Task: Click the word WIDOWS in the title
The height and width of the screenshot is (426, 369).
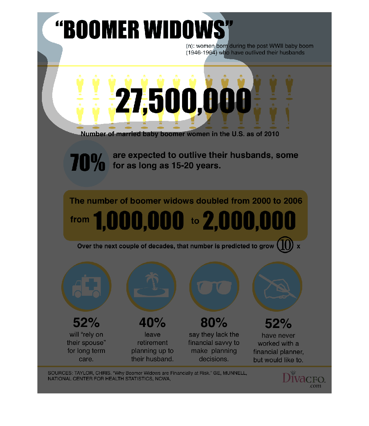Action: pos(185,30)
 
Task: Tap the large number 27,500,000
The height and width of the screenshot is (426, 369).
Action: pos(183,101)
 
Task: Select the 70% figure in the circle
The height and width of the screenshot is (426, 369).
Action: pos(87,163)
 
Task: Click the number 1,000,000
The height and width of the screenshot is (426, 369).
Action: pos(138,221)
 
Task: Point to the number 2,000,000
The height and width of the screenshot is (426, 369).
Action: pos(249,221)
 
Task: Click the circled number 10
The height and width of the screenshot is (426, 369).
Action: pos(285,245)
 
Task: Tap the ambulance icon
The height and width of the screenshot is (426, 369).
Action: pos(87,287)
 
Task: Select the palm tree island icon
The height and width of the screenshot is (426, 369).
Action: pos(152,286)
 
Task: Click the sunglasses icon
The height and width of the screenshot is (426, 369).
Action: pos(214,287)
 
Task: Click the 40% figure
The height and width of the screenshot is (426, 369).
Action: pos(152,323)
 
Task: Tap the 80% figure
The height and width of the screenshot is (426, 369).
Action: pos(214,323)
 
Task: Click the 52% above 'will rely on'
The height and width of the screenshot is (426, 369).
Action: pos(86,323)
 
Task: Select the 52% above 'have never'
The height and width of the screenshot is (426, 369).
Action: pos(278,324)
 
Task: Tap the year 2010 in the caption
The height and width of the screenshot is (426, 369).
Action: pos(271,134)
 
